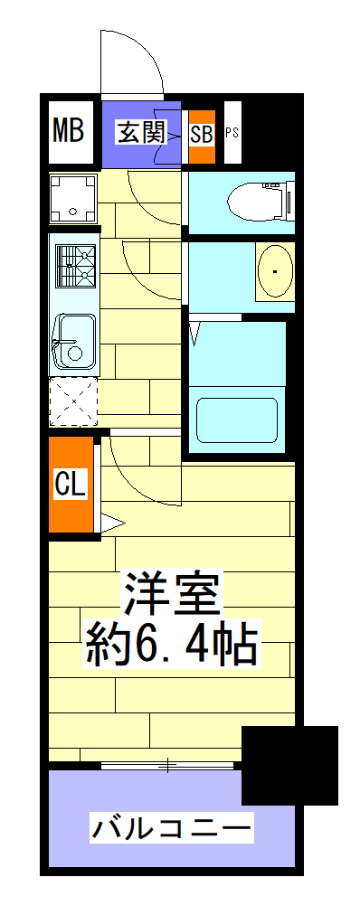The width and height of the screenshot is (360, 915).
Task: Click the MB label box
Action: pos(69,130)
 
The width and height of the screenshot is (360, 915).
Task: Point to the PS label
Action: pos(232,133)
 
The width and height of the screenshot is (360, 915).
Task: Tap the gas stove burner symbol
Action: pos(75,264)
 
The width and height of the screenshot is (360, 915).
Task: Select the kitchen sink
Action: pos(73,344)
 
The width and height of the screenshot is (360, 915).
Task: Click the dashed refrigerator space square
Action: pos(72,401)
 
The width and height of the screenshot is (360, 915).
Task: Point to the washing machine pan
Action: pos(73,196)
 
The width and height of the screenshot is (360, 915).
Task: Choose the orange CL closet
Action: pos(71,485)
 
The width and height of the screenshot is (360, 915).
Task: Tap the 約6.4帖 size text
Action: pos(172,645)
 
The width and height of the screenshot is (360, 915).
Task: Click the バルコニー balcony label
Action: pos(171,826)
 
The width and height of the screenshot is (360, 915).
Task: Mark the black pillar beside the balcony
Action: pos(289,765)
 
